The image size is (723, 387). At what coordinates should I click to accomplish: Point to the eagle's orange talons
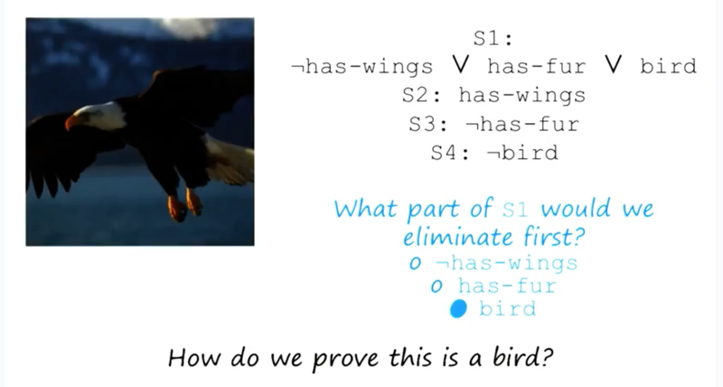coord(185,204)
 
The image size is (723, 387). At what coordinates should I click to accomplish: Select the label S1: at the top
coord(493,38)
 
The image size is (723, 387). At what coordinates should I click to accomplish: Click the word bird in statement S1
coord(669,66)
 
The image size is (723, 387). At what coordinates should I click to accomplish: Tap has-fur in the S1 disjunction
coord(536,66)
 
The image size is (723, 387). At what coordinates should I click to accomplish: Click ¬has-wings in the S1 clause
coord(362,66)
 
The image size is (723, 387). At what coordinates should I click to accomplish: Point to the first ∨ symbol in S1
coord(460,65)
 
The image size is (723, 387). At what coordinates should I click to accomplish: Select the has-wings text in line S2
coord(522,96)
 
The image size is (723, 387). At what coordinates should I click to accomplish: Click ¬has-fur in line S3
coord(522,124)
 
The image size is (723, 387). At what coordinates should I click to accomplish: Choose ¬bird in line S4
coord(522,153)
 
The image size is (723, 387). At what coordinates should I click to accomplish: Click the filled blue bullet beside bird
coord(458,308)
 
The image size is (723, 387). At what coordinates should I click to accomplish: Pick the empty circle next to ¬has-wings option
coord(415,263)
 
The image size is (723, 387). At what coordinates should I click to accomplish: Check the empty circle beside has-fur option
coord(437,287)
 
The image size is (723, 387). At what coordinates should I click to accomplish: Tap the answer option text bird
coord(508,308)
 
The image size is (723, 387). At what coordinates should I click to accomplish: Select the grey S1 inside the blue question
coord(514,209)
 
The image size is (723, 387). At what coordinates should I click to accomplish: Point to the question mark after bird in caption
coord(547,356)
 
